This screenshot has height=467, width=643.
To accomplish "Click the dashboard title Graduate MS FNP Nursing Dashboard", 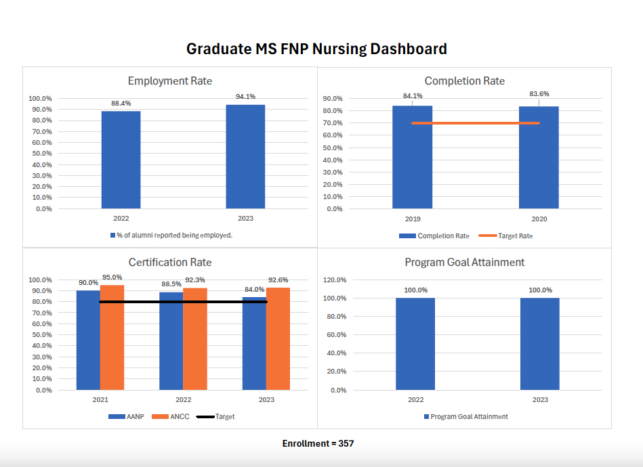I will [x=316, y=49].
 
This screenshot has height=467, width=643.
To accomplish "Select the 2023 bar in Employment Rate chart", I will [x=245, y=156].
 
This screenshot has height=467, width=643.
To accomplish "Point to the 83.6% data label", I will [x=539, y=94].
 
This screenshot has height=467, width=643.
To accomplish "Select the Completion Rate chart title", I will [x=464, y=81].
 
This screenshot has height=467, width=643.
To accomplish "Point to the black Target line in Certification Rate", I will [x=183, y=302].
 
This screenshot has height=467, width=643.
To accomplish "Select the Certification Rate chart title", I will [x=170, y=262].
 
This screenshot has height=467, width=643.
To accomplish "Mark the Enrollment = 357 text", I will [x=318, y=443].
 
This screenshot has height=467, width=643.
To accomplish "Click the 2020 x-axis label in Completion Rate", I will [x=539, y=219].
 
